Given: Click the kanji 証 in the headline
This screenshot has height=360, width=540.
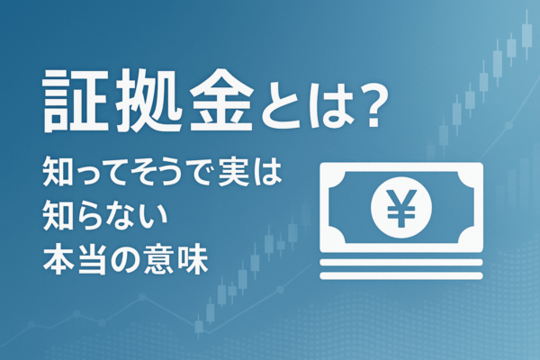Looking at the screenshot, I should click(x=71, y=100).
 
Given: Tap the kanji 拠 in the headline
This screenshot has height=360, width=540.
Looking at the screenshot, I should click(x=143, y=100).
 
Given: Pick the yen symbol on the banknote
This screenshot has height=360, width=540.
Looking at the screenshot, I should click(x=400, y=209).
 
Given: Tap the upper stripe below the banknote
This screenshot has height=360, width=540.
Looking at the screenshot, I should click(x=400, y=262).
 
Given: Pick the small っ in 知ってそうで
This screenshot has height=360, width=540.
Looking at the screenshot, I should click(x=86, y=173).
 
